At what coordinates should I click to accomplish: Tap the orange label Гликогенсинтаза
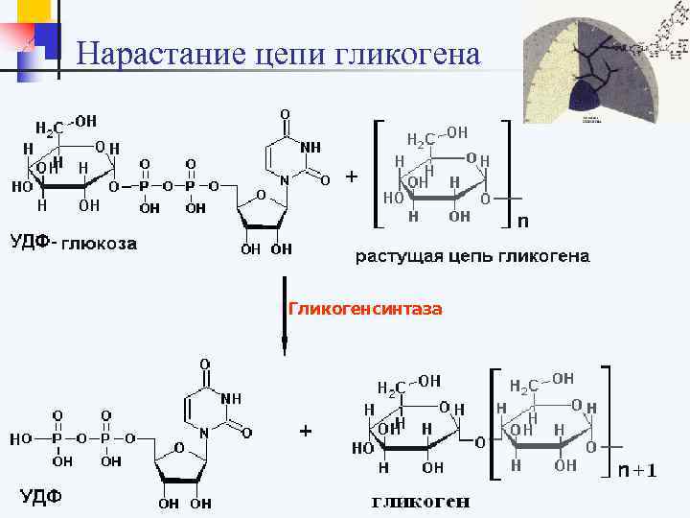[364, 309]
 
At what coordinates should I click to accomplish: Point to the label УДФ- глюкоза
[74, 243]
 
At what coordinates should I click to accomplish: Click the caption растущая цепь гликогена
[472, 256]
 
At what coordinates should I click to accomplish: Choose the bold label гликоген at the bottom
[421, 502]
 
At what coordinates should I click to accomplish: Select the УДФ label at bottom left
[41, 496]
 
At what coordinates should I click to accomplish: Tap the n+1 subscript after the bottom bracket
[637, 470]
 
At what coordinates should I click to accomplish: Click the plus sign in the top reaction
[352, 177]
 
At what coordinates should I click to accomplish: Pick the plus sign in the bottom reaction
[305, 432]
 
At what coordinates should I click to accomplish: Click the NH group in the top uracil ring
[310, 147]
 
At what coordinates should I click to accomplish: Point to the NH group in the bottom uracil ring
[231, 398]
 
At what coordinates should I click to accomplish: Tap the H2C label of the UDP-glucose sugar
[50, 128]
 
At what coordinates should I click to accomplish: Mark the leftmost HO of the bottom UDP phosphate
[22, 438]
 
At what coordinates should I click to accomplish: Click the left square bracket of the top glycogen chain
[376, 173]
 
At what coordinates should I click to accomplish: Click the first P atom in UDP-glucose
[145, 186]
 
